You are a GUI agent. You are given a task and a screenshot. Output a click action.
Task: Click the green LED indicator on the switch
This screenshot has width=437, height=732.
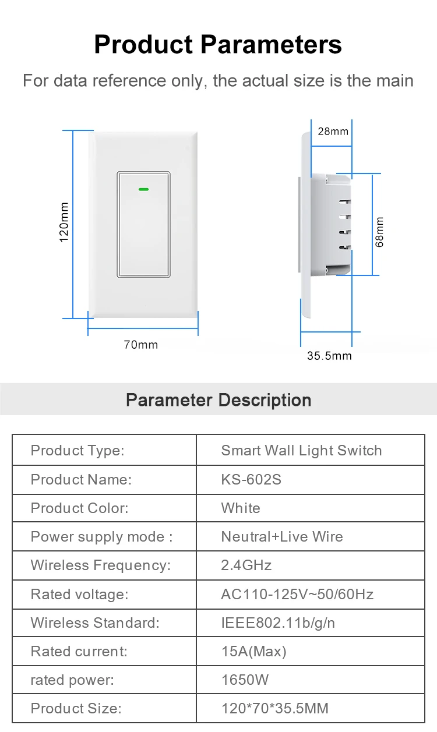tap(143, 189)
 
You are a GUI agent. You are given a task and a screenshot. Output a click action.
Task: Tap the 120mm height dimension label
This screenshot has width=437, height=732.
tap(64, 222)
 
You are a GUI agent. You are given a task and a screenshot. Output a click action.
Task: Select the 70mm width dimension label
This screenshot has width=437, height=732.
tap(140, 345)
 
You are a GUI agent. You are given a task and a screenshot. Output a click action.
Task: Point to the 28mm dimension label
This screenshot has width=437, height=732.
tap(333, 131)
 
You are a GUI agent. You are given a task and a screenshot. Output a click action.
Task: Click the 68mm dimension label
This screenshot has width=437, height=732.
tap(380, 232)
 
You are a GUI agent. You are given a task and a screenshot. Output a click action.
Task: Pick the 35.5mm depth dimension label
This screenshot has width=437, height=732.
tap(329, 355)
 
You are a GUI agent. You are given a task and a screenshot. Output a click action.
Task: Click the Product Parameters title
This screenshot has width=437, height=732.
tap(218, 44)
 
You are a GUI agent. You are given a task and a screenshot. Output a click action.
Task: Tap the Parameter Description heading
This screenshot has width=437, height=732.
tap(218, 400)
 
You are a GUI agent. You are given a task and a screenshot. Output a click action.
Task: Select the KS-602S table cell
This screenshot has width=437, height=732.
tap(251, 479)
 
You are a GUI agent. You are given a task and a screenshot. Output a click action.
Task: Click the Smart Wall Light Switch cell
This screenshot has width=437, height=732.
tap(301, 450)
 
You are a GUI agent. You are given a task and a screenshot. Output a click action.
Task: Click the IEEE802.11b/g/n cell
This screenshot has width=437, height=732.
tap(278, 623)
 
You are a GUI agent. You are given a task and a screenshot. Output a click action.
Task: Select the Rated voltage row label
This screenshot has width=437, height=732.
tap(78, 594)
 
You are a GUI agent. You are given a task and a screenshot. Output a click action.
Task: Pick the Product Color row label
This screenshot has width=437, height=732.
tap(79, 508)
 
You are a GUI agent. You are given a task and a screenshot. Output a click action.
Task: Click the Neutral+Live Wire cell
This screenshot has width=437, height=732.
tap(282, 536)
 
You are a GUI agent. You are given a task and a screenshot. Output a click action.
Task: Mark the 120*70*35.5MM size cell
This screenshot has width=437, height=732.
tap(274, 708)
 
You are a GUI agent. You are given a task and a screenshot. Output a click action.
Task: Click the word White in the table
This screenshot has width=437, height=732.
tap(241, 508)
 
